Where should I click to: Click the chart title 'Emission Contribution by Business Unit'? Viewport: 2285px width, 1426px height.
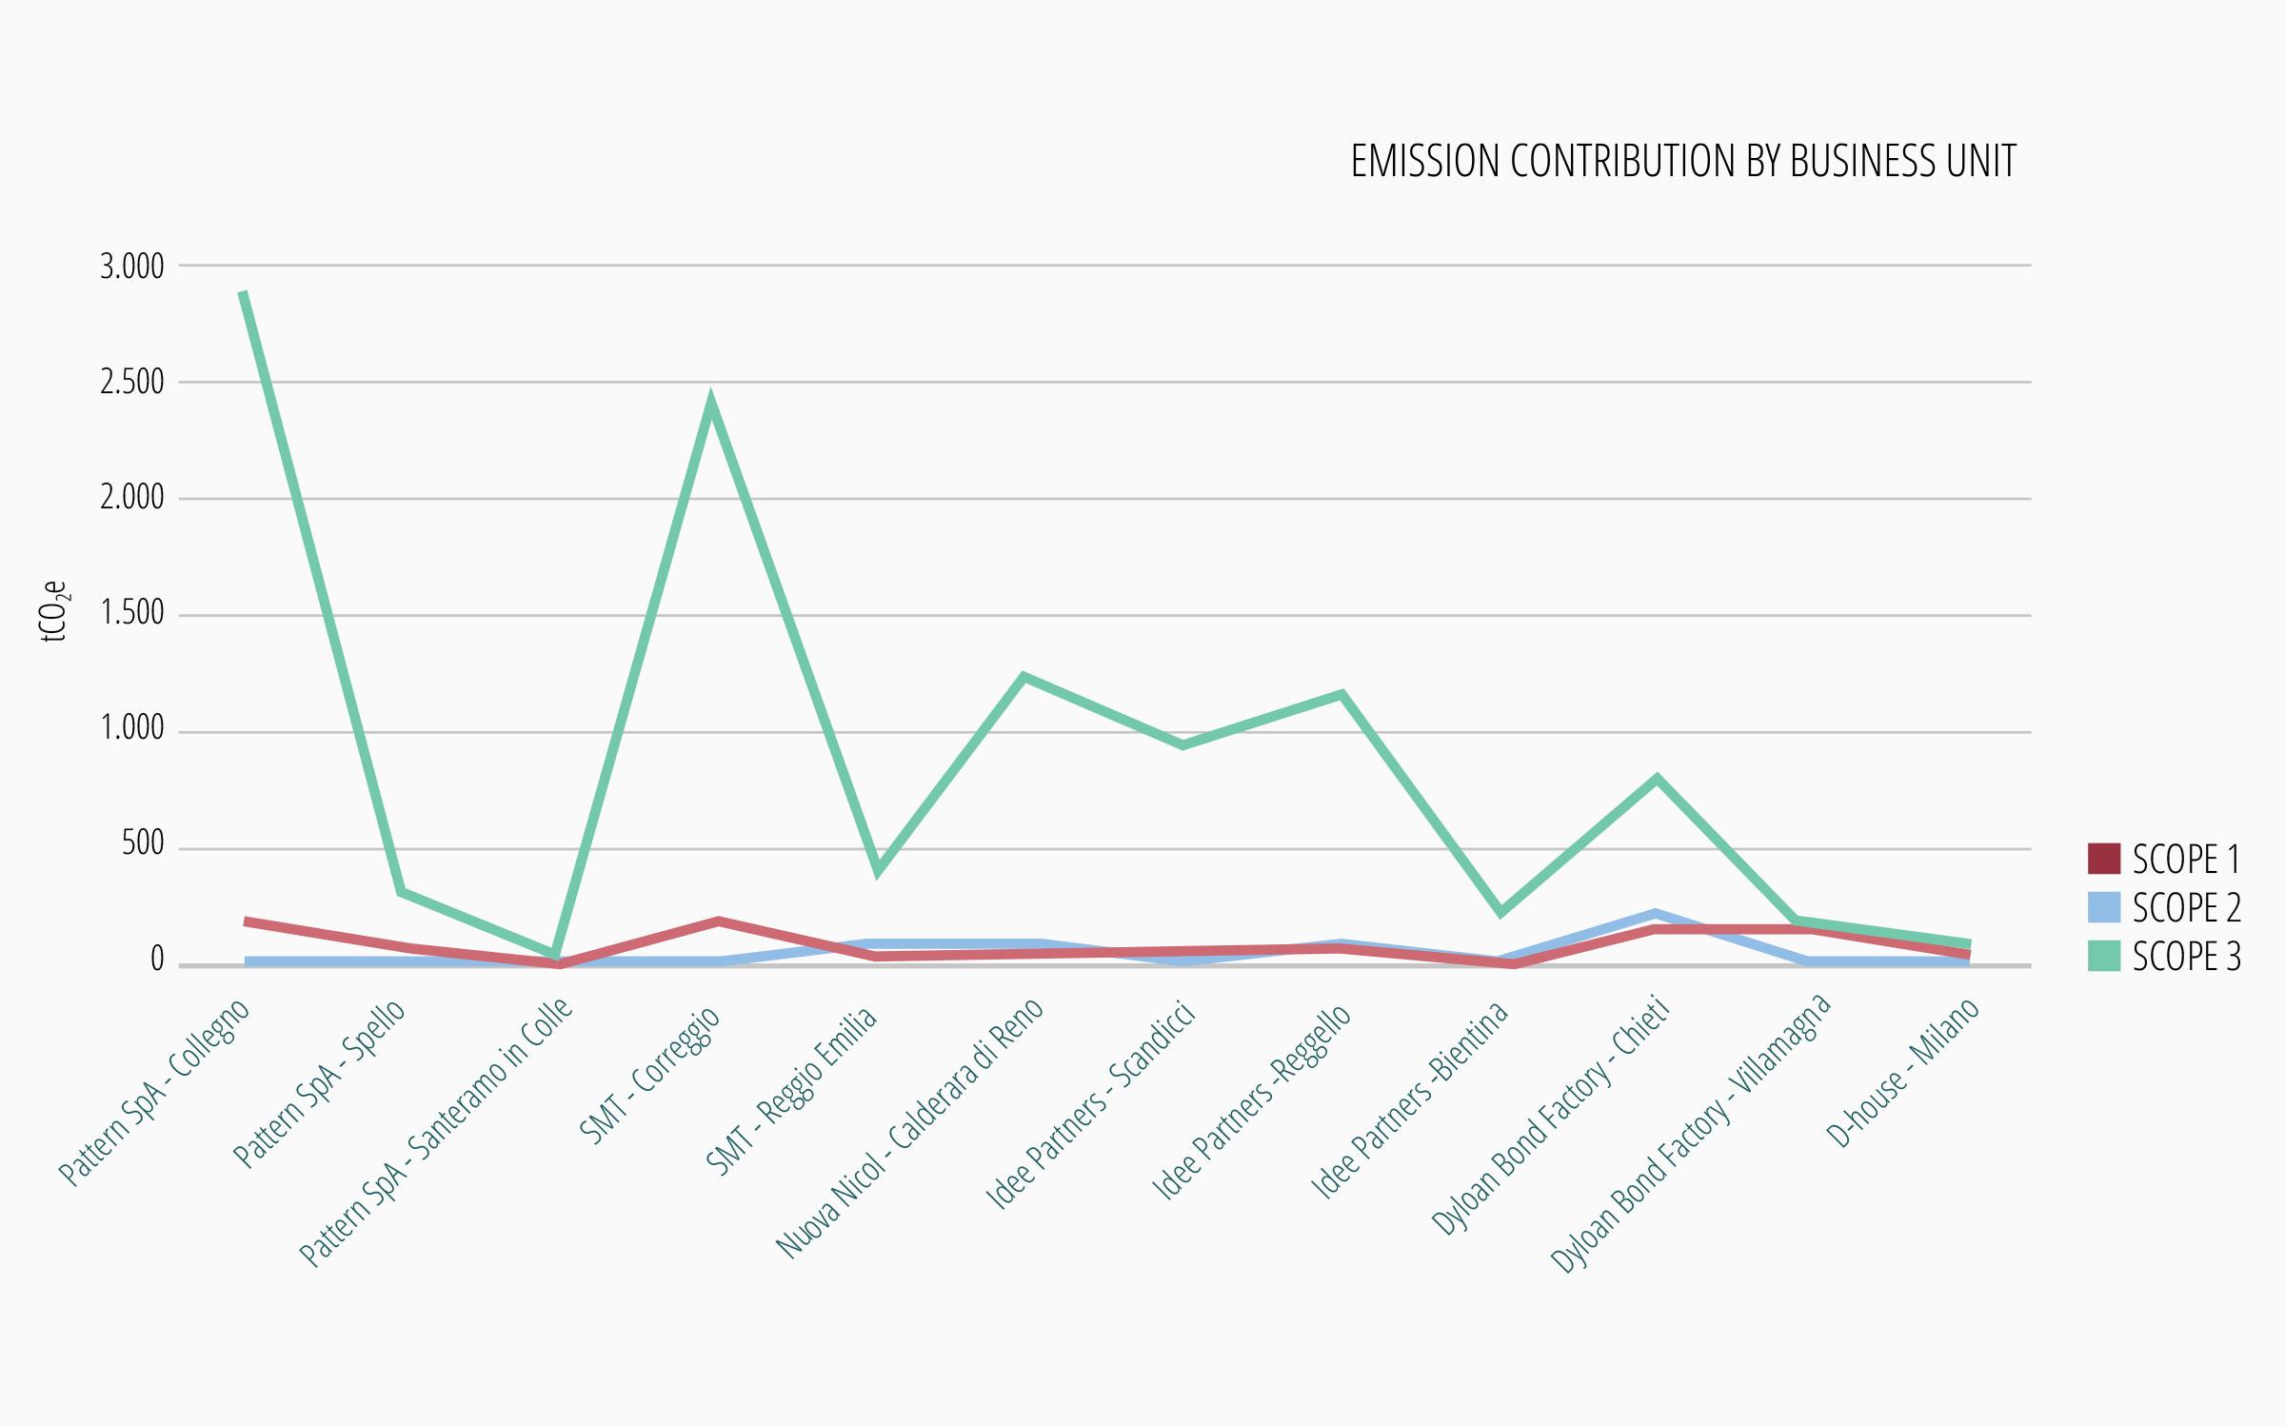click(1682, 162)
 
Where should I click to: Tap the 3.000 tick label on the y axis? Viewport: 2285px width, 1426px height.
click(132, 267)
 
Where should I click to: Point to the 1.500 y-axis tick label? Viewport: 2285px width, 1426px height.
click(132, 613)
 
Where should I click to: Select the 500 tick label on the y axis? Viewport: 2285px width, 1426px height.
click(143, 844)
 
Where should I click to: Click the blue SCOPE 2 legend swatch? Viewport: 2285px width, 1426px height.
click(2103, 907)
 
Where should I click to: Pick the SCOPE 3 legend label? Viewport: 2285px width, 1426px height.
click(2186, 957)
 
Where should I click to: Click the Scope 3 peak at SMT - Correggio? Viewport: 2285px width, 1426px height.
click(711, 403)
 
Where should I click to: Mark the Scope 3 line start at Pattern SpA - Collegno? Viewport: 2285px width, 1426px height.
click(244, 293)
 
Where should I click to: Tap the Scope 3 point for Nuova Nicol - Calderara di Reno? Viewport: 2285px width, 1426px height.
click(1023, 678)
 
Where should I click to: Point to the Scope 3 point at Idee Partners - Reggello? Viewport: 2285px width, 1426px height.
click(1341, 694)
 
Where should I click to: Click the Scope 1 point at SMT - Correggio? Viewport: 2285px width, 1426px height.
click(719, 921)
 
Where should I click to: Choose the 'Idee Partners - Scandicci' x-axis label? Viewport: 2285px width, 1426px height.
click(1091, 1104)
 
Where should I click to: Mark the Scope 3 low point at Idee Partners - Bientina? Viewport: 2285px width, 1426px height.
click(1500, 912)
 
